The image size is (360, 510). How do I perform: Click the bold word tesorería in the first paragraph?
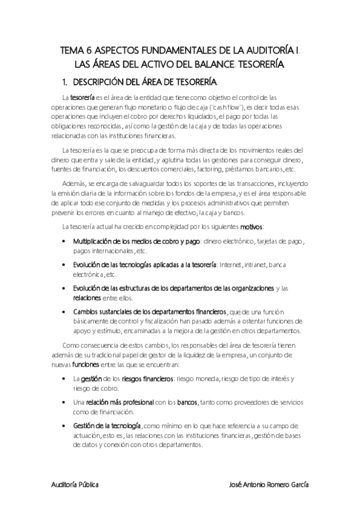click(82, 96)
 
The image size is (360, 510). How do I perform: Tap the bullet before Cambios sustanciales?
click(65, 312)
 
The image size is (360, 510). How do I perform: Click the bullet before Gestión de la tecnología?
click(65, 426)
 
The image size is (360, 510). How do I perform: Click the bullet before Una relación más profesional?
click(65, 402)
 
